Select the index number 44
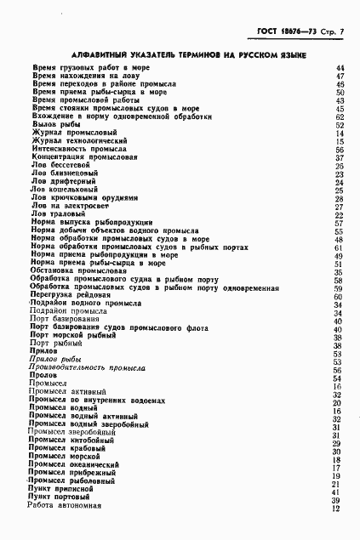click(x=339, y=67)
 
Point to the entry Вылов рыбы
click(x=52, y=124)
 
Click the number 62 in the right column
click(x=339, y=117)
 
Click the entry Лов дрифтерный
click(x=62, y=181)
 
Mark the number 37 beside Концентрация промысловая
click(x=339, y=157)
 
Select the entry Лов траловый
click(x=58, y=214)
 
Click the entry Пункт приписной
click(x=61, y=492)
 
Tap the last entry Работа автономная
click(x=66, y=509)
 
